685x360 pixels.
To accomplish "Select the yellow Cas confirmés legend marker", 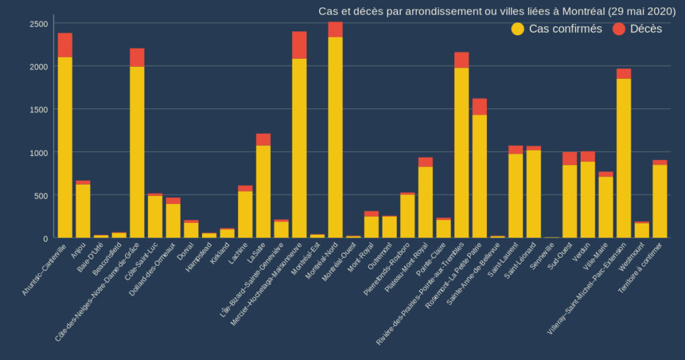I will point(518,29).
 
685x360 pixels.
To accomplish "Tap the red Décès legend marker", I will point(619,29).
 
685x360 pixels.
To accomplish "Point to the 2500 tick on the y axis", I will point(39,23).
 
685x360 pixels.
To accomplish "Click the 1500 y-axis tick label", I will point(39,109).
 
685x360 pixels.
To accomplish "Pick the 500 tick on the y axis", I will point(41,195).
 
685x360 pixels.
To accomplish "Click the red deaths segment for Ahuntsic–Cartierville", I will point(65,45).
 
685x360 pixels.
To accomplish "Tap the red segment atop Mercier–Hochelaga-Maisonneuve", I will point(299,45).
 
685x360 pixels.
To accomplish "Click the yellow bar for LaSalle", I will point(263,191).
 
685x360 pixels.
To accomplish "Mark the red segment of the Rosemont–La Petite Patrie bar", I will point(480,106).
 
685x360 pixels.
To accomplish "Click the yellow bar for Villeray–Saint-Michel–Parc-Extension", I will point(623,158).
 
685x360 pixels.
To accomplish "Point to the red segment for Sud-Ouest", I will point(570,159).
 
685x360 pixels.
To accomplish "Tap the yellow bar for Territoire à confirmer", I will point(660,201).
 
